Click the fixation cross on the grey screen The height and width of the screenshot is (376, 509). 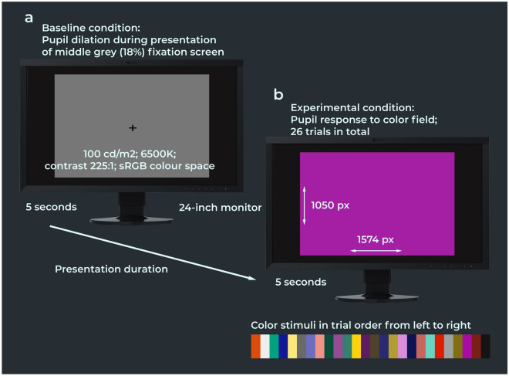coord(132,127)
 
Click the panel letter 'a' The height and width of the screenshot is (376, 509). coord(29,15)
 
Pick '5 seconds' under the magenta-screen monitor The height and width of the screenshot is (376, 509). coord(301,282)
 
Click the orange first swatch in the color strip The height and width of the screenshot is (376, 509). coord(256,347)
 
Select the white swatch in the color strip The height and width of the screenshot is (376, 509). coord(265,347)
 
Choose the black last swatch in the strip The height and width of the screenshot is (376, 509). coord(485,347)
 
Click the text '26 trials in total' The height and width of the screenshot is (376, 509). coord(332,132)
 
